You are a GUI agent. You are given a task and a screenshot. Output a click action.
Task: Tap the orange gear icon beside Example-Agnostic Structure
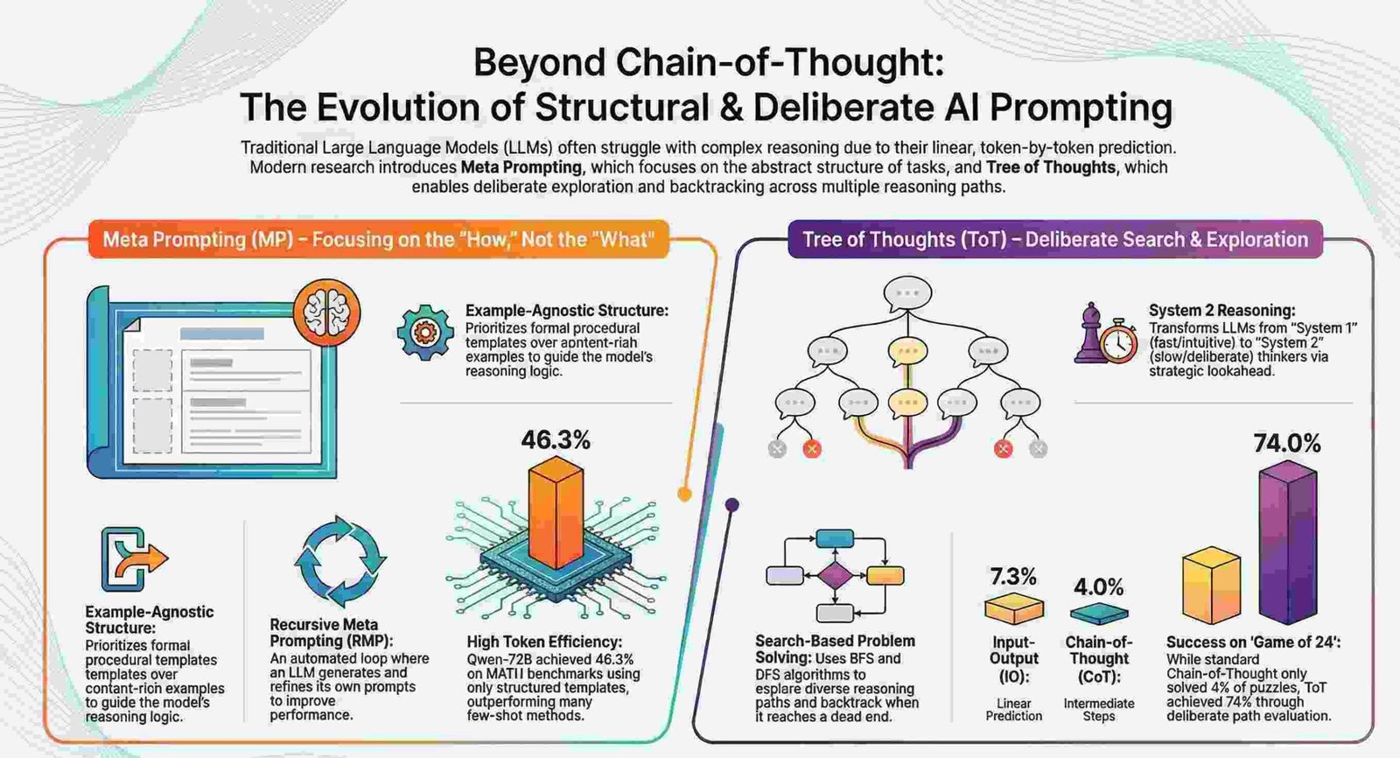[x=425, y=332]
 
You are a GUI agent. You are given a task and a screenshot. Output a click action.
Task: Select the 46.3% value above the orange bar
[x=556, y=439]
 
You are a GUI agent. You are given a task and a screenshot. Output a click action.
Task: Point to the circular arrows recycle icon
[x=339, y=560]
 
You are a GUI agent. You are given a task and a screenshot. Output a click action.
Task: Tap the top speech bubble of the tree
[x=907, y=293]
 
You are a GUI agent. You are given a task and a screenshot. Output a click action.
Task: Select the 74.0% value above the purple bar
[x=1287, y=444]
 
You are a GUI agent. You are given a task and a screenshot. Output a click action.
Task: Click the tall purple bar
[x=1287, y=543]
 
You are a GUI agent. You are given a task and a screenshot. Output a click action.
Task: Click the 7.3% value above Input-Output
[x=1013, y=577]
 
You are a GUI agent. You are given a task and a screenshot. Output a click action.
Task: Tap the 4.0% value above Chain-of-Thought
[x=1099, y=586]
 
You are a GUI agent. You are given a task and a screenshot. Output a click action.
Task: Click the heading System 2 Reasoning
[x=1221, y=310]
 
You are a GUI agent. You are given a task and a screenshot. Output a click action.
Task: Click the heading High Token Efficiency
[x=544, y=642]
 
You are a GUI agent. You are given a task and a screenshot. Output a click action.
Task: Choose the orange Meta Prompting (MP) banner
[x=378, y=239]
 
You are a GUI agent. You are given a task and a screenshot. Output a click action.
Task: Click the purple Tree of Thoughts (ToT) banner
[x=1055, y=239]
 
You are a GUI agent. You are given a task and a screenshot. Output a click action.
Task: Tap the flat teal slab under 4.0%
[x=1099, y=614]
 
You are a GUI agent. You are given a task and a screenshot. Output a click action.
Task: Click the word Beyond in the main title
[x=539, y=63]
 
